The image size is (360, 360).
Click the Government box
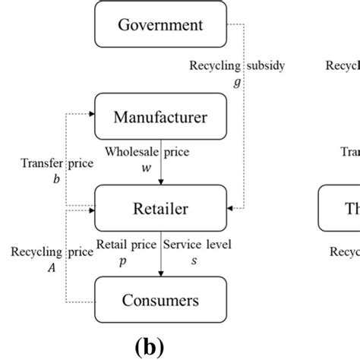click(160, 25)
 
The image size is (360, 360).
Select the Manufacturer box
click(160, 117)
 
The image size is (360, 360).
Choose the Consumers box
click(160, 300)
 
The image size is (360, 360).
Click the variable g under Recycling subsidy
click(237, 81)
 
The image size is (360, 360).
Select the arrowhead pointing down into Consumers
click(160, 274)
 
